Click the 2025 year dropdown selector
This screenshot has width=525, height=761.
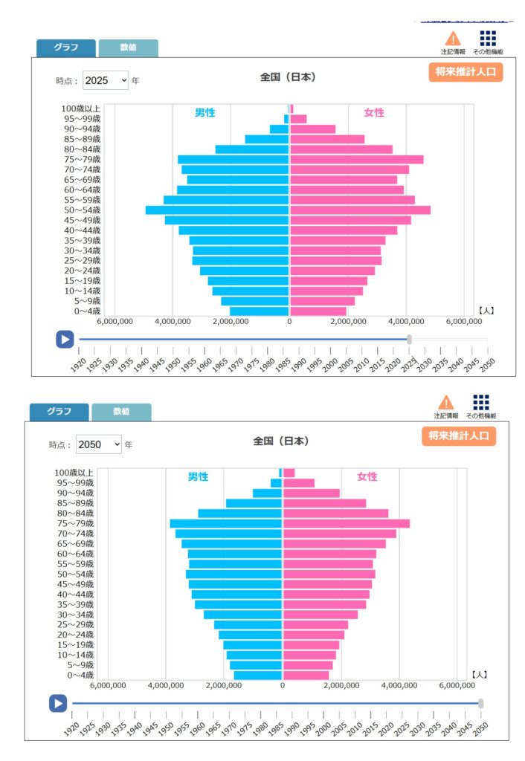click(106, 80)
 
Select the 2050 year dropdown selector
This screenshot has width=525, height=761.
click(98, 444)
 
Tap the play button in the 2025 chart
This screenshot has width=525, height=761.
click(65, 339)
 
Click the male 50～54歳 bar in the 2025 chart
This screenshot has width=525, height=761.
click(217, 210)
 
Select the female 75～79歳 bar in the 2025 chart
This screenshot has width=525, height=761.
click(356, 160)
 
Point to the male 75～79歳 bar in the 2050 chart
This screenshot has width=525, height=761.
click(226, 524)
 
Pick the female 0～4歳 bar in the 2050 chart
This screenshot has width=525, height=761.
click(306, 676)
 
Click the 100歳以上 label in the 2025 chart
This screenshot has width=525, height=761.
click(81, 109)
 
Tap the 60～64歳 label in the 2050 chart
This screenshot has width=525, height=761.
click(74, 554)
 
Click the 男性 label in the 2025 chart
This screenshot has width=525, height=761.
click(204, 112)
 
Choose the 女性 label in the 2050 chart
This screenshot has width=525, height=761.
click(367, 476)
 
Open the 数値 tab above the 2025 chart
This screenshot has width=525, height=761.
click(128, 48)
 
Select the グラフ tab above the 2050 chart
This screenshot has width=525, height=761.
click(59, 412)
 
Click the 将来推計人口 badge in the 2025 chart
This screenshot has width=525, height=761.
click(466, 71)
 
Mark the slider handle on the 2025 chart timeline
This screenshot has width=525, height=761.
click(410, 339)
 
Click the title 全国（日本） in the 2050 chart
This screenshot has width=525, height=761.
click(280, 441)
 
